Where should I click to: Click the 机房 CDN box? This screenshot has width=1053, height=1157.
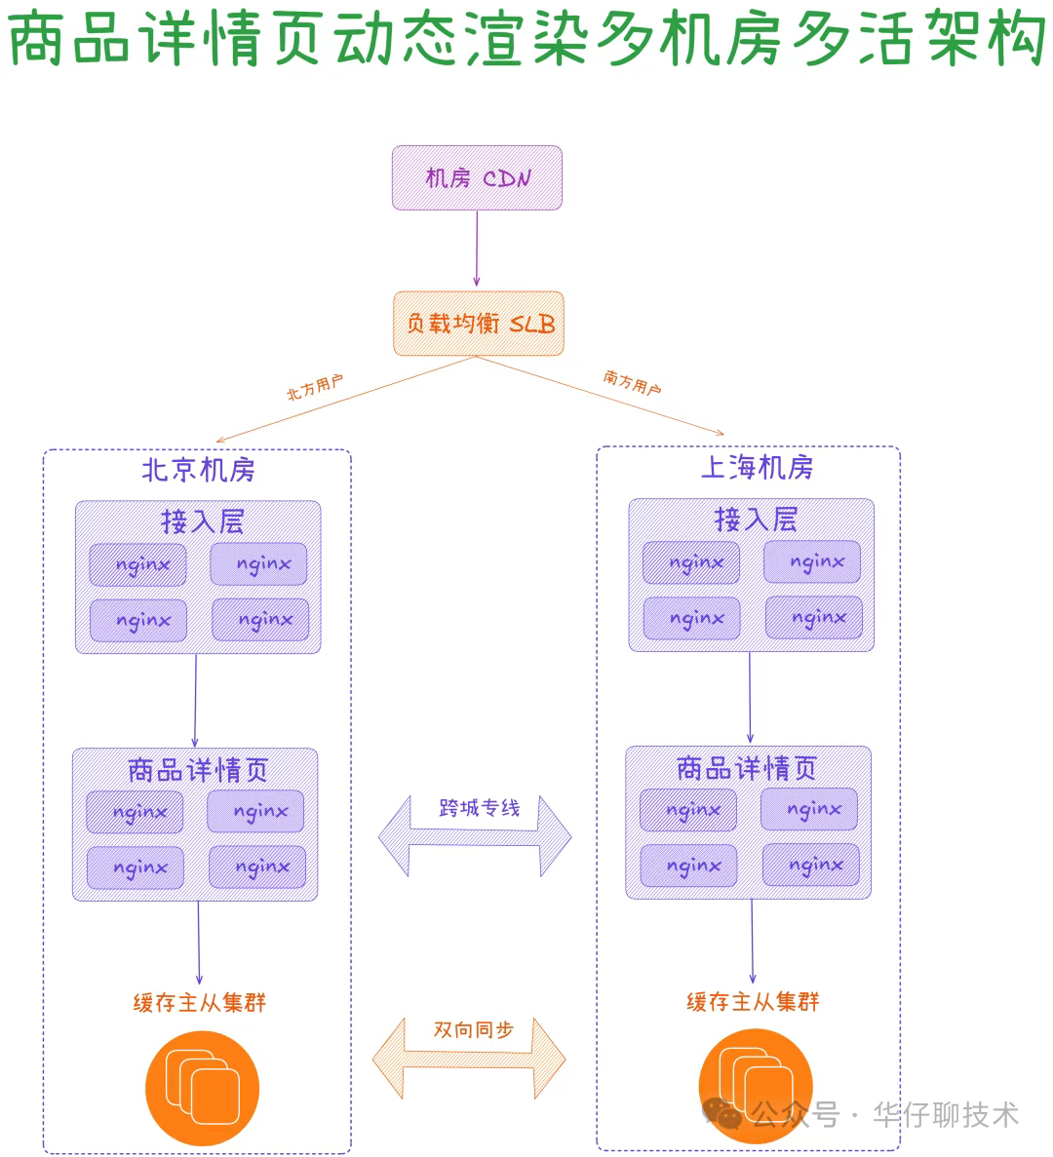coord(477,177)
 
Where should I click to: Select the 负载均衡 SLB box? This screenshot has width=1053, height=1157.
coord(479,324)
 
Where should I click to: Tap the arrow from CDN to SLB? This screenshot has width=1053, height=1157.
coord(477,250)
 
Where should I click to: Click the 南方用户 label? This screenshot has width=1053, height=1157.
coord(632,382)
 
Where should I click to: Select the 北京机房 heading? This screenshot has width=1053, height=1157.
coord(198,470)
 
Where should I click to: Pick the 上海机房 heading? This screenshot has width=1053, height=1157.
coord(757,468)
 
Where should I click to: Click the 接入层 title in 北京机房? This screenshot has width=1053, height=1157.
coord(202,521)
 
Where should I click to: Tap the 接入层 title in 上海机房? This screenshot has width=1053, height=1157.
coord(756,520)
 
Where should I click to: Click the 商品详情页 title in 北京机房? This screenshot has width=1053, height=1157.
coord(198,770)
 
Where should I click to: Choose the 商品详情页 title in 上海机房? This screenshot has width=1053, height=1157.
coord(747,768)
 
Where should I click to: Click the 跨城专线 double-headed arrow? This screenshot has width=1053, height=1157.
coord(475,835)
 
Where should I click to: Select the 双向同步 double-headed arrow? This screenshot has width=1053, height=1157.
coord(470,1058)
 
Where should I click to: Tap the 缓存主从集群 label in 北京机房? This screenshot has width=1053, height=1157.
coord(200,1002)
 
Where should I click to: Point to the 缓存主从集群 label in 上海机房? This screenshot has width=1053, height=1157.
coord(753,1001)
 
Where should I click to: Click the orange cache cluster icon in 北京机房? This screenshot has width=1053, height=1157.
coord(202,1088)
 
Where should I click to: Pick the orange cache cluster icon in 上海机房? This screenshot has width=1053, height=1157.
coord(755,1084)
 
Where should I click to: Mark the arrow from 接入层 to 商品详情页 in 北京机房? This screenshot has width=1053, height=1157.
coord(195,700)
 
